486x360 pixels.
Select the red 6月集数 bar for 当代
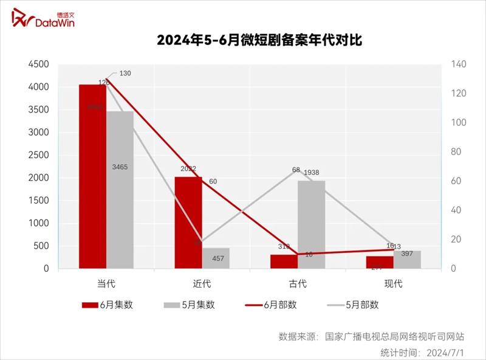click(92, 176)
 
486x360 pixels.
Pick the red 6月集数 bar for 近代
click(188, 223)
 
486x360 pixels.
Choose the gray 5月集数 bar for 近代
click(216, 258)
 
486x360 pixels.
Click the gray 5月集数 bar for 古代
click(312, 224)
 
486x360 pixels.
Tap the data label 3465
click(120, 167)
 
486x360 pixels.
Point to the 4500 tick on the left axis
click(38, 64)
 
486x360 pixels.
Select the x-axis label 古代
click(298, 283)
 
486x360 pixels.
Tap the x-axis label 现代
click(394, 283)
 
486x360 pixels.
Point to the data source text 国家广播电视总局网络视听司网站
click(394, 336)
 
